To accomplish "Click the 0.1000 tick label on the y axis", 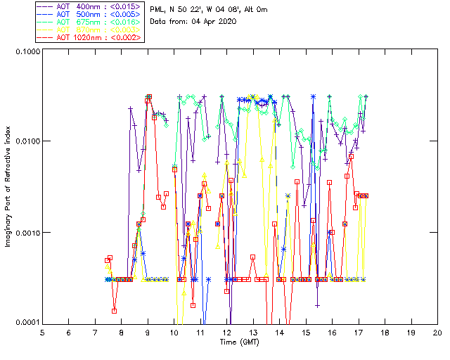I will coord(27,52).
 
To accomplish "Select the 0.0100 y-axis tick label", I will coord(27,142).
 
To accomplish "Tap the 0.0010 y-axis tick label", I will coord(27,233).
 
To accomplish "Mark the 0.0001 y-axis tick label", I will coord(27,323).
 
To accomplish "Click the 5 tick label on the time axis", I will coord(42,333).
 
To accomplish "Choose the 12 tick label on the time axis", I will coord(227,333).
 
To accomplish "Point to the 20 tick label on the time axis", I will coord(437,333).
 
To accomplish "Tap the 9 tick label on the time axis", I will coord(148,333).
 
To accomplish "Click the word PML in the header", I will coord(157,10).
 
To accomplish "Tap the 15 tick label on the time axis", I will coord(306,333).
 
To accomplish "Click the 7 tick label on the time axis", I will coord(95,333).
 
